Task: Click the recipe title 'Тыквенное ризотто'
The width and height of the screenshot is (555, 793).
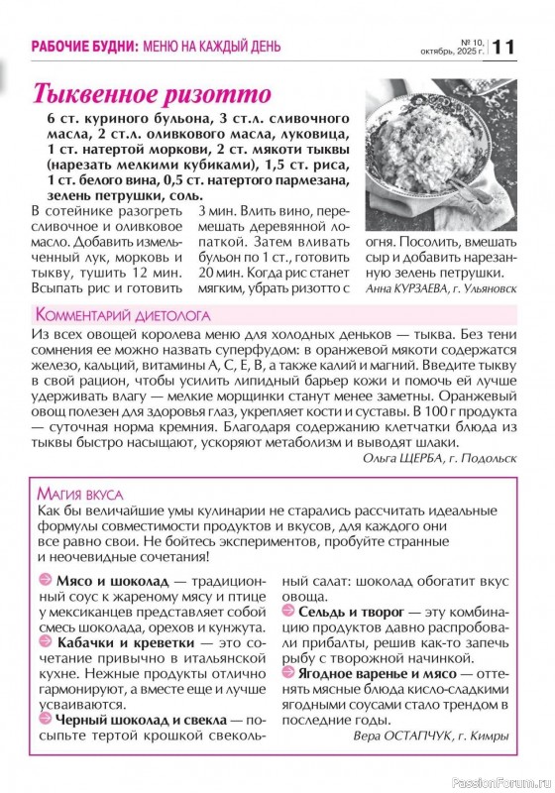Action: pos(152,95)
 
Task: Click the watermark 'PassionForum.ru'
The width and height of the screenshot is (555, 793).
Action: pos(499,780)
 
